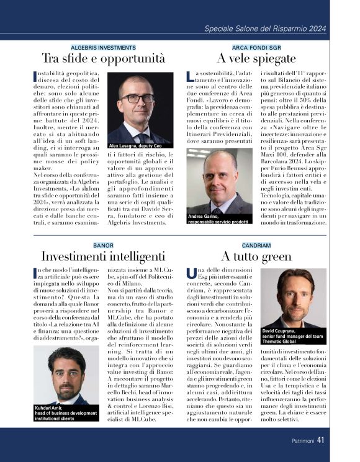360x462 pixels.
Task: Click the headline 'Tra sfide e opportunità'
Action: click(103, 59)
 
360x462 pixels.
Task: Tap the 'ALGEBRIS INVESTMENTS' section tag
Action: click(103, 47)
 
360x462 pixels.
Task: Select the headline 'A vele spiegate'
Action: click(256, 59)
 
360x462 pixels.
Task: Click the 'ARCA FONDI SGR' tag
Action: click(256, 47)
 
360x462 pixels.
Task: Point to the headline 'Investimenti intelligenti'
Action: click(103, 256)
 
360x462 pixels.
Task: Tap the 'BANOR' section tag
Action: click(103, 245)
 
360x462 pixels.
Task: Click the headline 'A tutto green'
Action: click(256, 256)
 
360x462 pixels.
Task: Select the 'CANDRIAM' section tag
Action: click(256, 245)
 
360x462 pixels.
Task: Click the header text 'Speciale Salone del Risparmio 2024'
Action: click(265, 29)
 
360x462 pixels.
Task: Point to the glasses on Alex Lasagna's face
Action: click(138, 98)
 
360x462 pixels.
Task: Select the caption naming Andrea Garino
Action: click(218, 219)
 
